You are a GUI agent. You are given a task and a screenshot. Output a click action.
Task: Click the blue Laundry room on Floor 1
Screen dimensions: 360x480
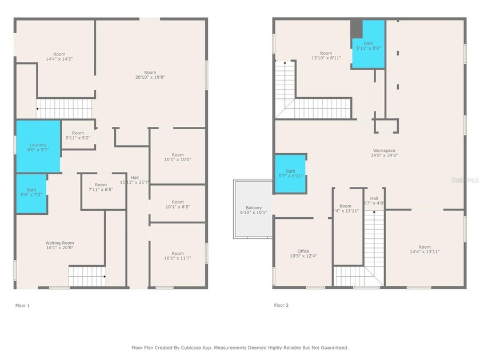(38, 146)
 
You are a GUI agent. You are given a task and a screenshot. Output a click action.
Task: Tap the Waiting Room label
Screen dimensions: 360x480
(60, 243)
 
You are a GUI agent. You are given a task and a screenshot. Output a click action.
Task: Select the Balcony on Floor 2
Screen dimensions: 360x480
(253, 209)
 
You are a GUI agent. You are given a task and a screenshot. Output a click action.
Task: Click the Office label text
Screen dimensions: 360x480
(303, 251)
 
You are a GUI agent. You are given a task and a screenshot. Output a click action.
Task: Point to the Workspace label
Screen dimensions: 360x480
(384, 150)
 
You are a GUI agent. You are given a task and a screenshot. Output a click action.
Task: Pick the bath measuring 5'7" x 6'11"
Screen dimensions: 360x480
(290, 174)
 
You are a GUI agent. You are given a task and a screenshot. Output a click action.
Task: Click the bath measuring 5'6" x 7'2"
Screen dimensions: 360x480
(31, 193)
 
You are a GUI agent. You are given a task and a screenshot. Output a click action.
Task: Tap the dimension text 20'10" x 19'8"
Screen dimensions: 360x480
(150, 77)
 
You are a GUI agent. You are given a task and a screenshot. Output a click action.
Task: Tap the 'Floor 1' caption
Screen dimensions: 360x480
(22, 306)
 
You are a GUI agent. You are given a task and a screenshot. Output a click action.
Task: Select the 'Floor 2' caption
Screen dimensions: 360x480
(281, 306)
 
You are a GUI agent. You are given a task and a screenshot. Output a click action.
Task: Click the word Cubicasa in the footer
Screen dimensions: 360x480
(192, 347)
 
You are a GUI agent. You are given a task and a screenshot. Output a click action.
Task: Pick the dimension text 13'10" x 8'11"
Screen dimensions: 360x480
(326, 58)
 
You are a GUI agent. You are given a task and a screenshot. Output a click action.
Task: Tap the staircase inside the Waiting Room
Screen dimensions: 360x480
(87, 277)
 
